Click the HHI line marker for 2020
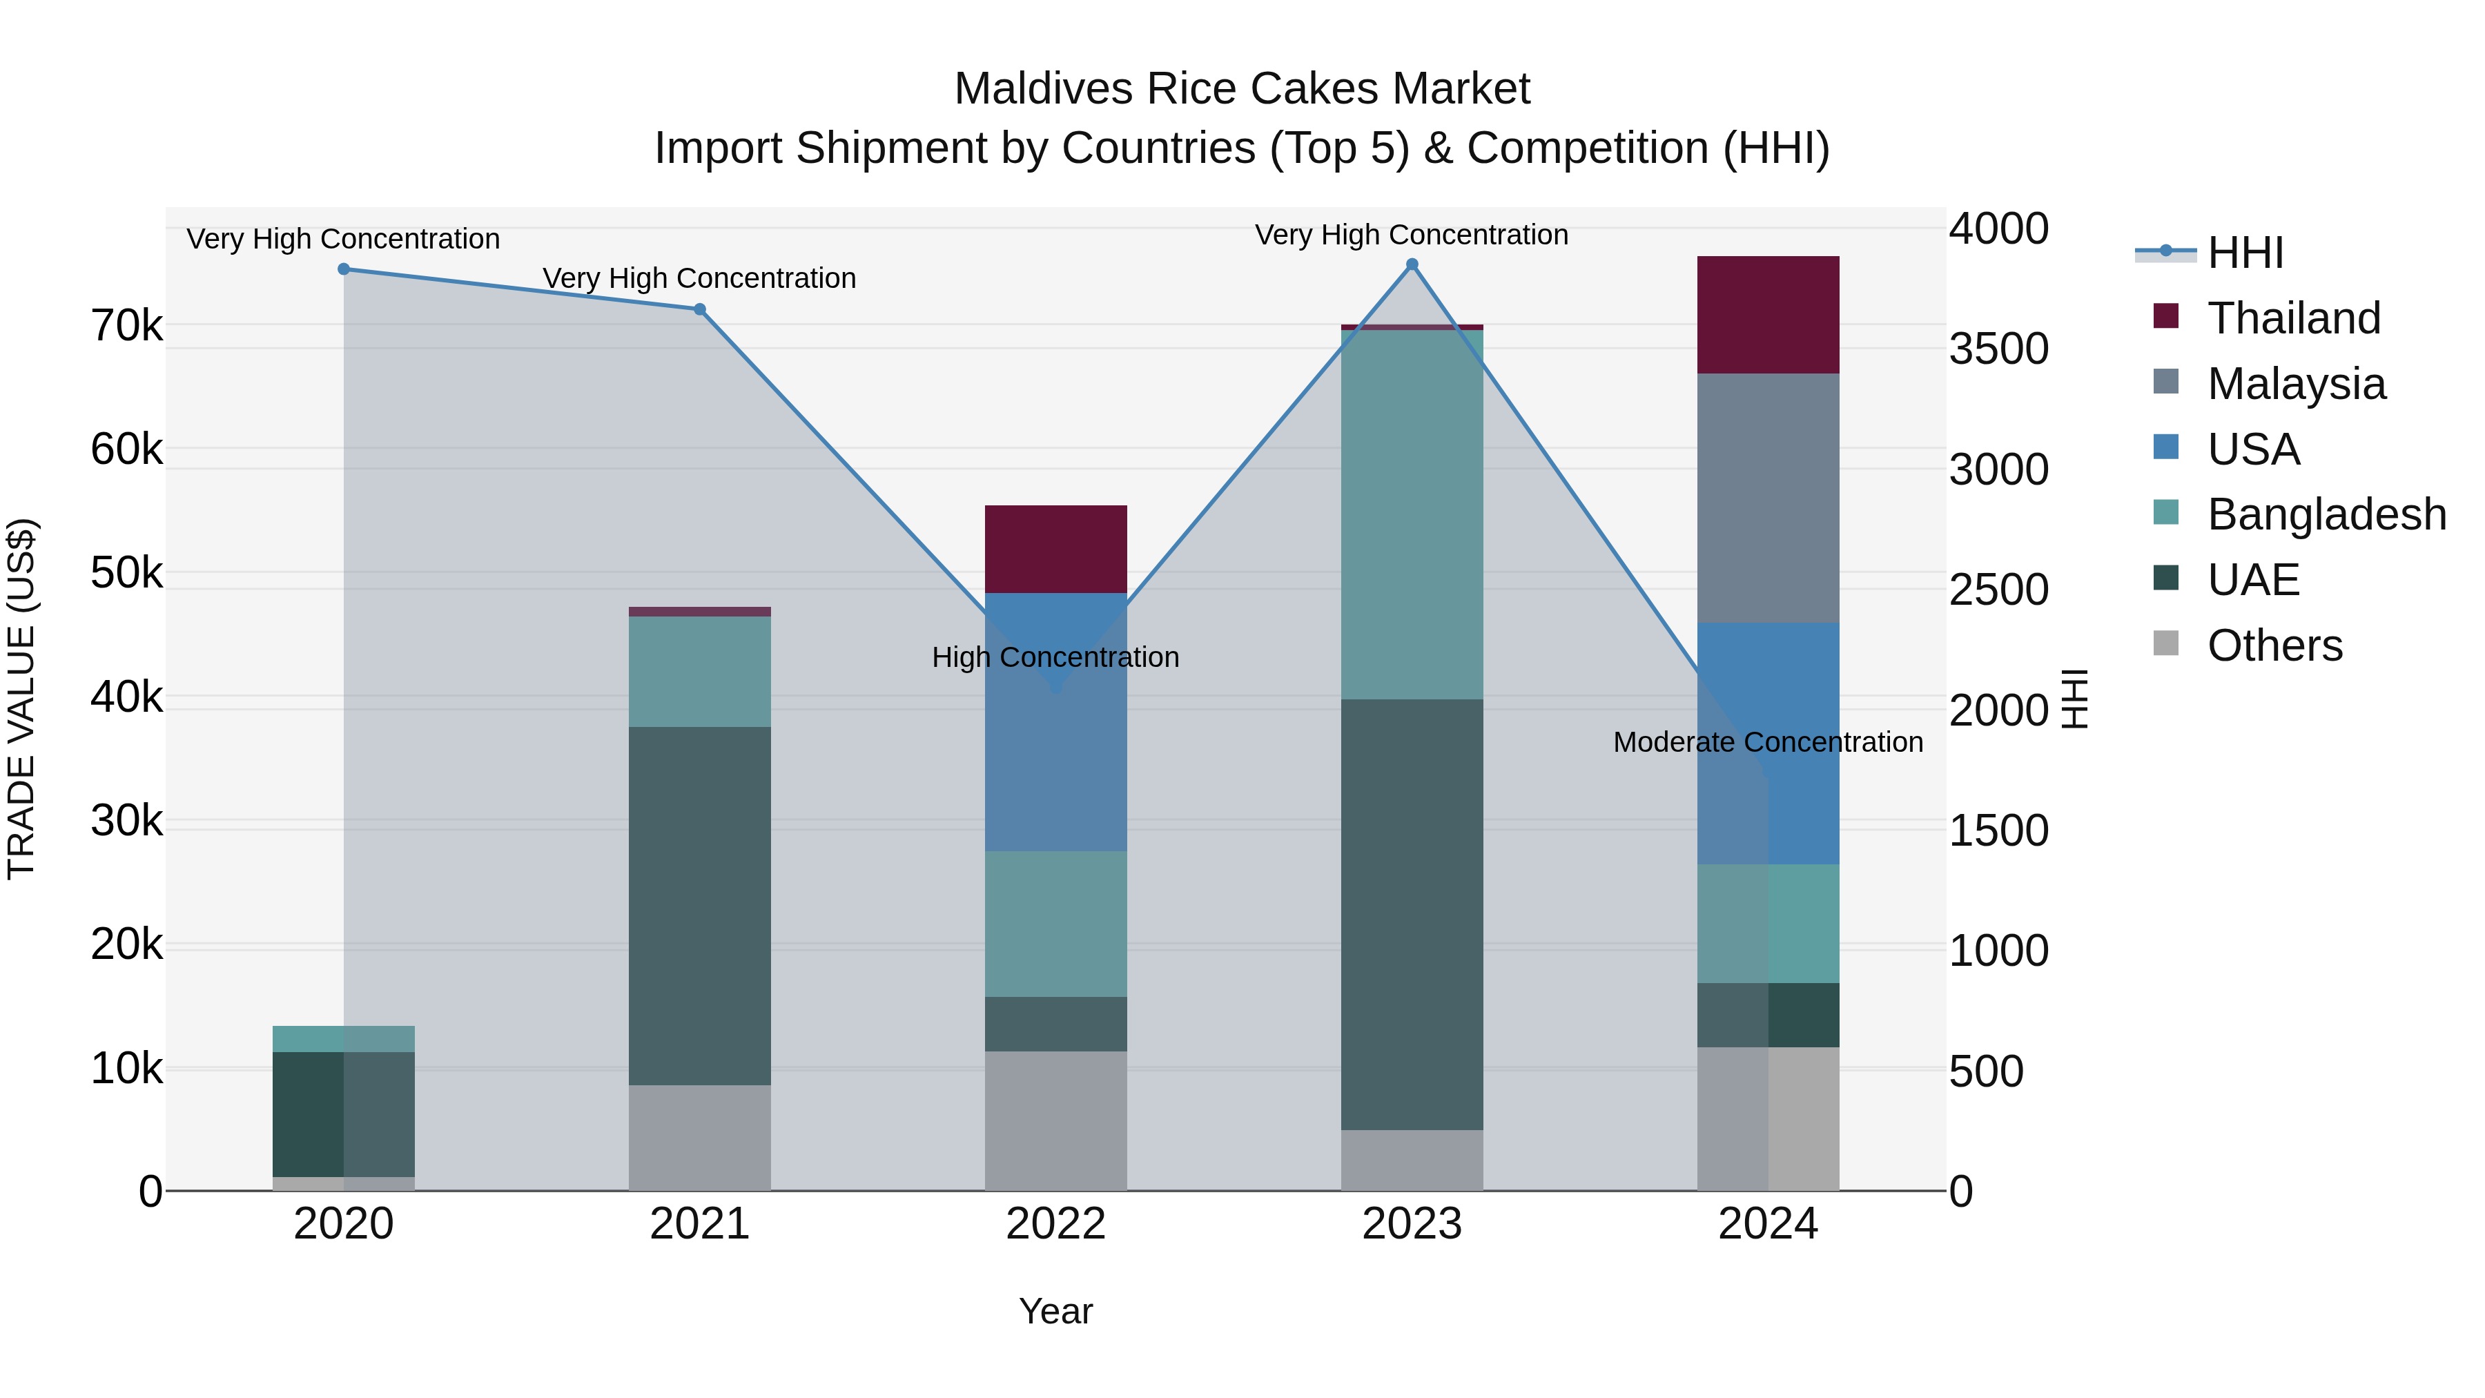pyautogui.click(x=344, y=269)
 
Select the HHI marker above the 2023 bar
pyautogui.click(x=1412, y=264)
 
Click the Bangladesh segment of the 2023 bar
pyautogui.click(x=1412, y=514)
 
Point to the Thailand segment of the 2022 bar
pyautogui.click(x=1055, y=549)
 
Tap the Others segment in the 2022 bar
pyautogui.click(x=1055, y=1120)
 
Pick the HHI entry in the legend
pyautogui.click(x=2244, y=253)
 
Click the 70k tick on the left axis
pyautogui.click(x=127, y=326)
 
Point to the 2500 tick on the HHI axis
pyautogui.click(x=1998, y=590)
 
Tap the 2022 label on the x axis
pyautogui.click(x=1055, y=1224)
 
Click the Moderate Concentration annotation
pyautogui.click(x=1767, y=742)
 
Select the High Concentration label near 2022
pyautogui.click(x=1055, y=657)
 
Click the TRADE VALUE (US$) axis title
pyautogui.click(x=21, y=699)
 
